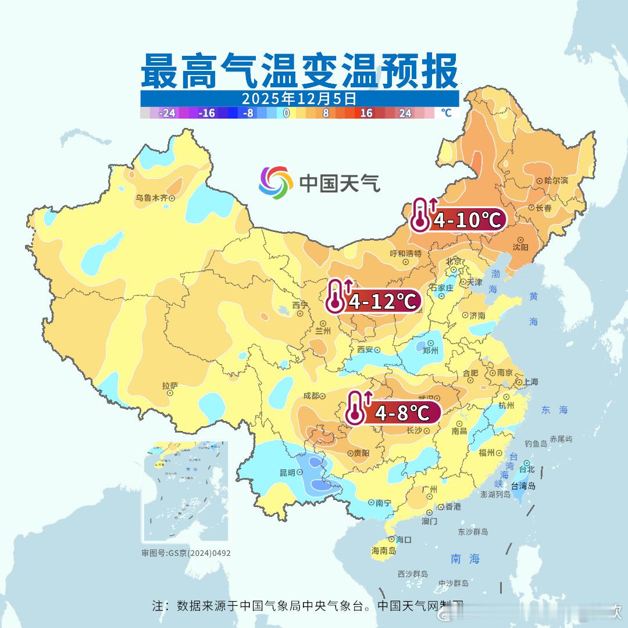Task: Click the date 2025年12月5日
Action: click(x=299, y=98)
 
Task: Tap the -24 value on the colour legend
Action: click(x=167, y=113)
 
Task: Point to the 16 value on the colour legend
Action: click(x=366, y=113)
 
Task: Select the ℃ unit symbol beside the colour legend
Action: click(x=445, y=113)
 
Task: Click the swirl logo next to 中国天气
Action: click(x=276, y=182)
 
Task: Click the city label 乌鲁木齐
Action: click(x=152, y=198)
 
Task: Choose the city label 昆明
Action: click(x=287, y=473)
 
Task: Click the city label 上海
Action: click(x=530, y=382)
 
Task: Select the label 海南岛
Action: click(x=383, y=551)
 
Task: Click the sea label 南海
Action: click(x=465, y=559)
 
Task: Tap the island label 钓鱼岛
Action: click(x=536, y=444)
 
